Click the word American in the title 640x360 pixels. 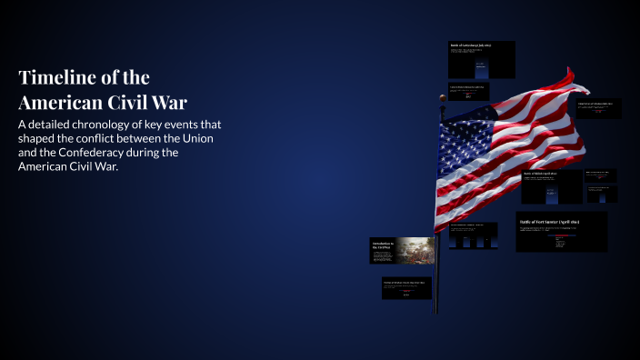pyautogui.click(x=62, y=101)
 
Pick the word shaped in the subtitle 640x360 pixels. pyautogui.click(x=39, y=138)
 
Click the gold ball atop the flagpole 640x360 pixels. pyautogui.click(x=443, y=96)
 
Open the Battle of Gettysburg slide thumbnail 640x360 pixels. pyautogui.click(x=482, y=60)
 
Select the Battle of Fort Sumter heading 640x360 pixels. pyautogui.click(x=549, y=222)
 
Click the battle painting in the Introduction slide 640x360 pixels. pyautogui.click(x=414, y=250)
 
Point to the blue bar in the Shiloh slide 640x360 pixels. pyautogui.click(x=551, y=193)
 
